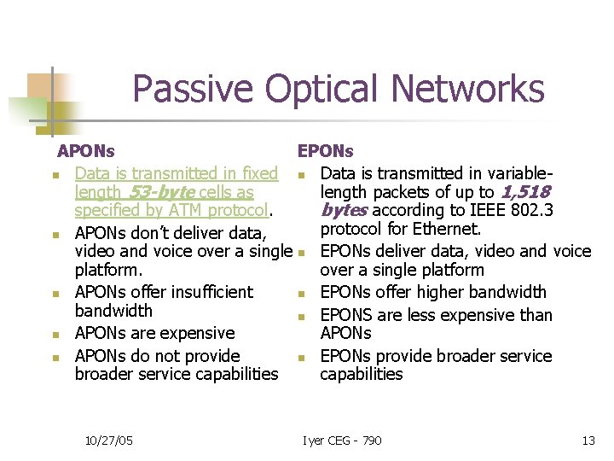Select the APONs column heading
(x=85, y=151)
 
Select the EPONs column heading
(x=325, y=151)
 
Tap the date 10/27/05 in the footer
(x=108, y=441)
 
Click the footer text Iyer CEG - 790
(x=342, y=441)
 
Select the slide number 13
(x=588, y=441)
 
